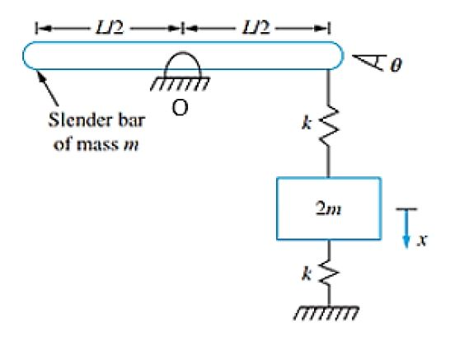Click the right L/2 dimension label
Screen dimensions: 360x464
255,28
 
